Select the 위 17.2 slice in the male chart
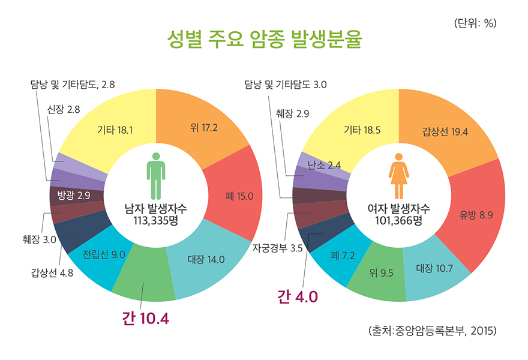tap(204, 128)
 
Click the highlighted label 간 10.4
tap(145, 319)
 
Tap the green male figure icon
tap(155, 176)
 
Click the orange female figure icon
tap(398, 176)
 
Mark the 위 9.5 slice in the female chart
tap(381, 274)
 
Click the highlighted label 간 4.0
tap(297, 296)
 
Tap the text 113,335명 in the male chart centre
tap(155, 220)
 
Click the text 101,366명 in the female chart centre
tap(398, 220)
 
